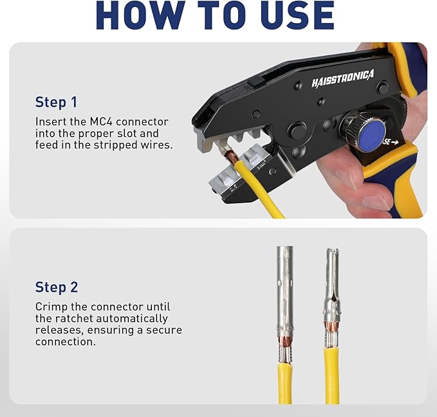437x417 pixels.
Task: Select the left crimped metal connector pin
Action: pos(284,289)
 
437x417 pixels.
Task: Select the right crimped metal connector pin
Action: pos(331,289)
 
